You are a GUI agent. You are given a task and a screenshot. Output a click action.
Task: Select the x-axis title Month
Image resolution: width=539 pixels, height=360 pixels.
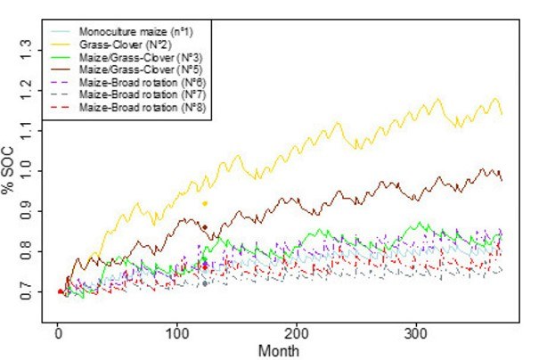click(x=275, y=351)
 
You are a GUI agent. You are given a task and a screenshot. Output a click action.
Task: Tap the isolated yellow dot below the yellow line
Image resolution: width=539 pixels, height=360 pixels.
click(x=205, y=203)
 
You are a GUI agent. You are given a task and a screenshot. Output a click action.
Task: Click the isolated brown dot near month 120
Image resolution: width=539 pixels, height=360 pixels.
click(x=205, y=227)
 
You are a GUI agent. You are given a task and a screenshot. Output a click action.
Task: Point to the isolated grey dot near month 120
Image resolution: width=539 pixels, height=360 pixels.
click(x=205, y=283)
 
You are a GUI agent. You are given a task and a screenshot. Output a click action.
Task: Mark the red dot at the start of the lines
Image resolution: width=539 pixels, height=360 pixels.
click(x=61, y=291)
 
